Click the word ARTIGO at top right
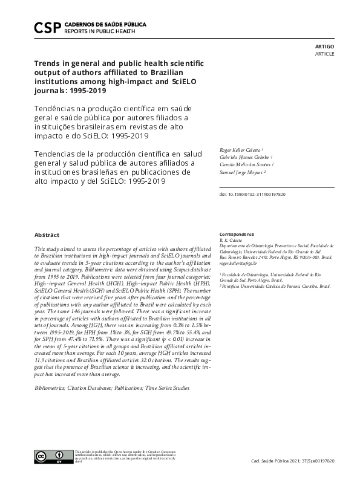point(324,46)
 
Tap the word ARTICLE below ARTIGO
point(324,54)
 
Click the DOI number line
point(252,195)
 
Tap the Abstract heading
point(47,234)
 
